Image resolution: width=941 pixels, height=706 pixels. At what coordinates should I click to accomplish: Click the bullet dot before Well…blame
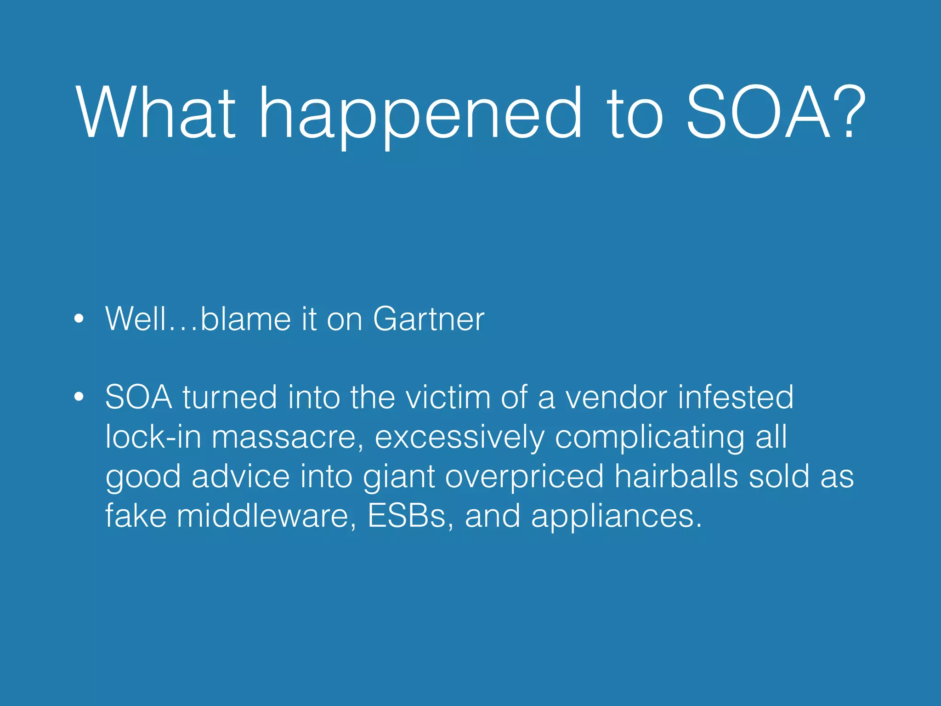[79, 319]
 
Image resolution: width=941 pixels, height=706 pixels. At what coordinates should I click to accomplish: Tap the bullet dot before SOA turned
[79, 397]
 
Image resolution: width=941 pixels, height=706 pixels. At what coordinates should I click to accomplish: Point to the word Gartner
[428, 319]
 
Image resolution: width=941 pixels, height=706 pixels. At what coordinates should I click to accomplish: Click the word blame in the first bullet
[246, 319]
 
